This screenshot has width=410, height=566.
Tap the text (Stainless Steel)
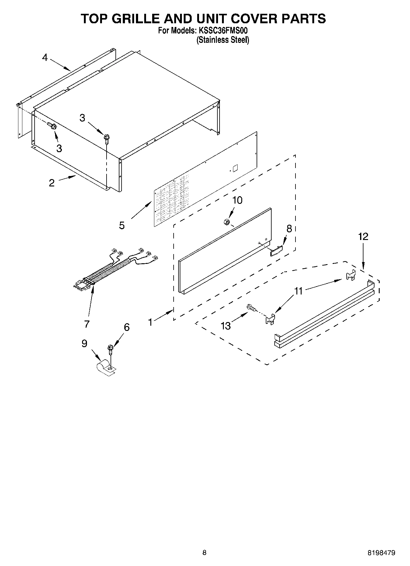(223, 40)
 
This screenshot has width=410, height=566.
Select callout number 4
(45, 57)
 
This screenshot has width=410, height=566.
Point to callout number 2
(52, 183)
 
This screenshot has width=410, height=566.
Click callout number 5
(122, 226)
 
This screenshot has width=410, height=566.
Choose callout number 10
(237, 200)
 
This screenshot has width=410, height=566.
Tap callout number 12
(363, 237)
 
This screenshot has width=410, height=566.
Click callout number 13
(226, 326)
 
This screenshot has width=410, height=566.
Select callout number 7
(87, 324)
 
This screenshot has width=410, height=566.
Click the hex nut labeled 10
(226, 222)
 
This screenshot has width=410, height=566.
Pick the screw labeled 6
(110, 349)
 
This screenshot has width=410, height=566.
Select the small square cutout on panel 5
(235, 168)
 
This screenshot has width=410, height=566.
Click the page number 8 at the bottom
(204, 553)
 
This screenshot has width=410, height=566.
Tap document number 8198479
(381, 553)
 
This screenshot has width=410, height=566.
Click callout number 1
(150, 322)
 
